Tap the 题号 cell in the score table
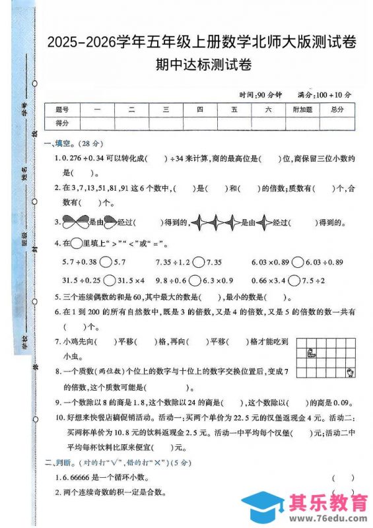point(62,110)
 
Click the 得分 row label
point(62,123)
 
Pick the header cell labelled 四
point(200,110)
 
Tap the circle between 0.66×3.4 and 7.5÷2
point(298,280)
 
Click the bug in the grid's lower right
point(350,374)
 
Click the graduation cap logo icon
point(264,507)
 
